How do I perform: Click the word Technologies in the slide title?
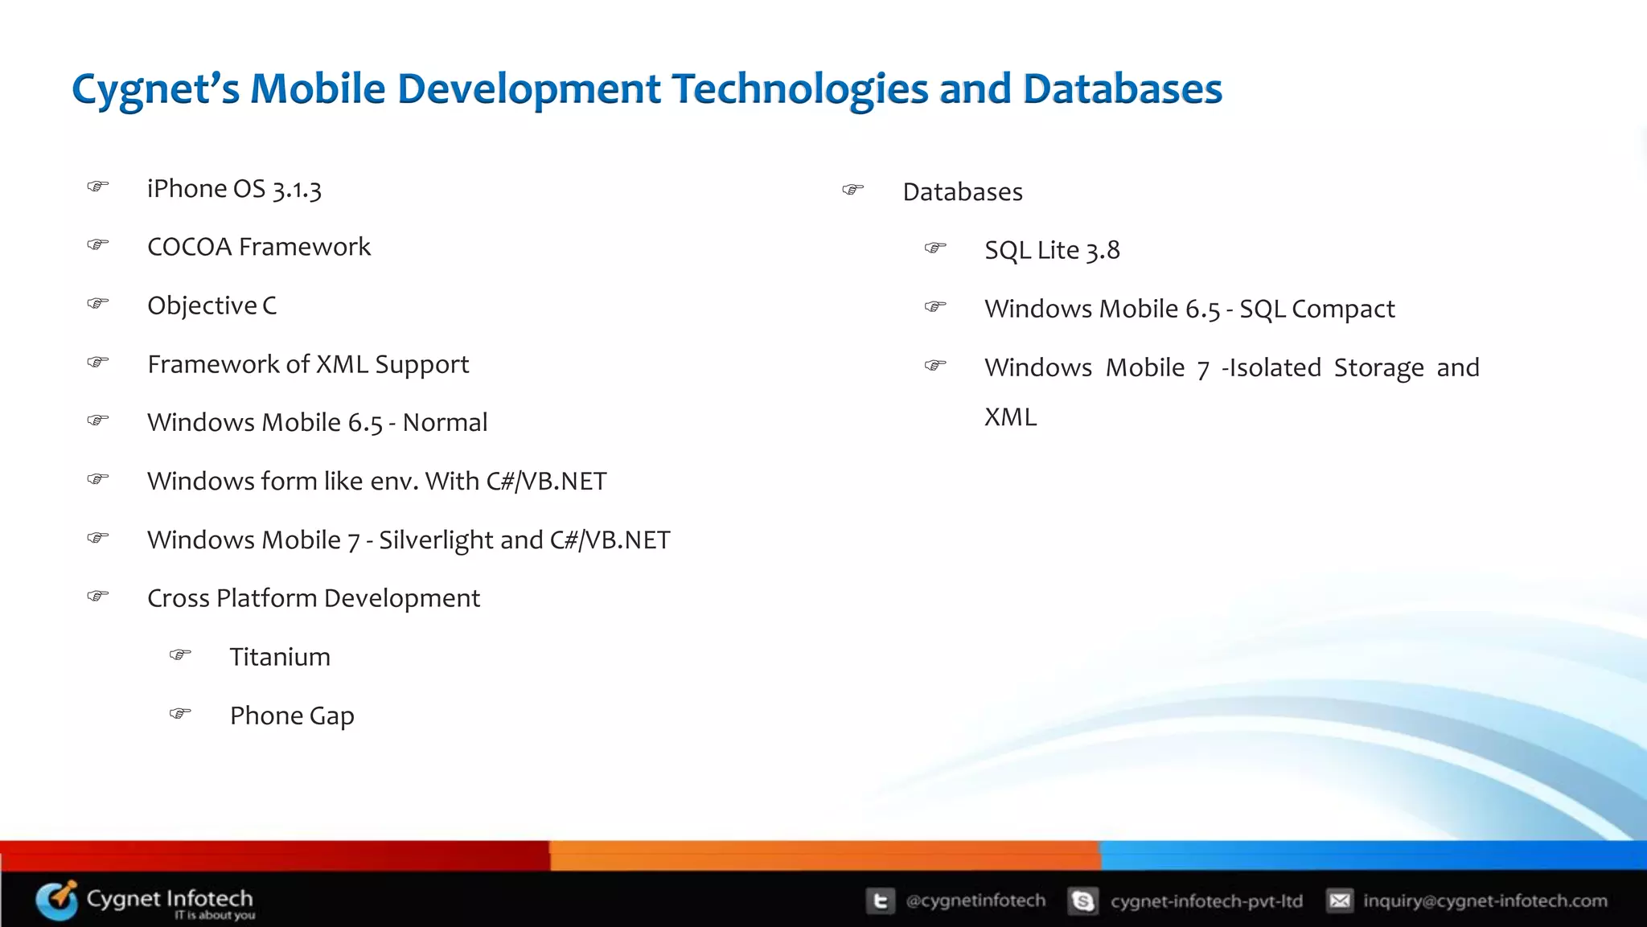pyautogui.click(x=799, y=88)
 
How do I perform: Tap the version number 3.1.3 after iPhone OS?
pyautogui.click(x=297, y=190)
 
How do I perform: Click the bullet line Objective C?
pyautogui.click(x=212, y=306)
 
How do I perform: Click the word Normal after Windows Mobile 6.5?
pyautogui.click(x=445, y=423)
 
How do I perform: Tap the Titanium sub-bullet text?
pyautogui.click(x=280, y=658)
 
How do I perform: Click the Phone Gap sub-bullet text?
pyautogui.click(x=292, y=716)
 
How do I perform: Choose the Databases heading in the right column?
pyautogui.click(x=963, y=192)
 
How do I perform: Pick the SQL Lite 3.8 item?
pyautogui.click(x=1052, y=251)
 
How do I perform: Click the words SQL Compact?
pyautogui.click(x=1316, y=310)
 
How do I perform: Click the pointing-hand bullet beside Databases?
pyautogui.click(x=852, y=190)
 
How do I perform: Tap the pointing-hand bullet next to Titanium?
pyautogui.click(x=180, y=654)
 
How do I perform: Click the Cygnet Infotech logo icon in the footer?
pyautogui.click(x=57, y=900)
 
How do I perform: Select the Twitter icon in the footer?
pyautogui.click(x=880, y=901)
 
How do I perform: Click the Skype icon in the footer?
pyautogui.click(x=1083, y=901)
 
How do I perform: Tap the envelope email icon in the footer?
pyautogui.click(x=1340, y=901)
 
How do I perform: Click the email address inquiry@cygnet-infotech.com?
pyautogui.click(x=1485, y=901)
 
